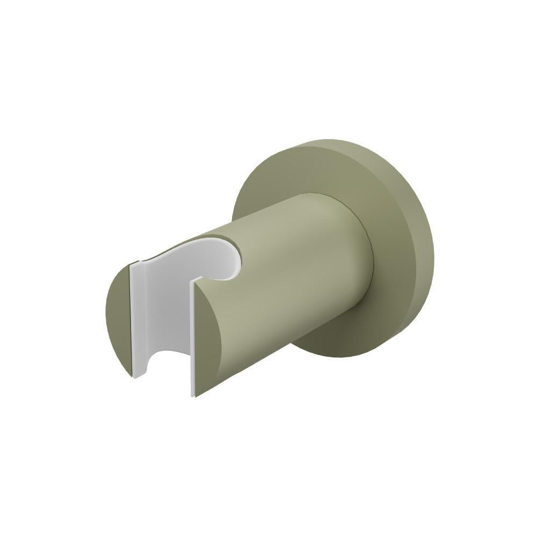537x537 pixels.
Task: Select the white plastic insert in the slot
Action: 161,311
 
